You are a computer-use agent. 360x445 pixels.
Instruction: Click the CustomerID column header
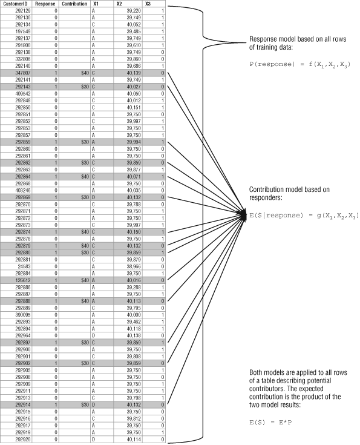pos(15,4)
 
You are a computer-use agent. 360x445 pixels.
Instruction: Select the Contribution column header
pos(74,4)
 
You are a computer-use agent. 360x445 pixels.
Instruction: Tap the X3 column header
pos(148,4)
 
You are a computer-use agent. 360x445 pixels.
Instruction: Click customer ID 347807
pos(23,73)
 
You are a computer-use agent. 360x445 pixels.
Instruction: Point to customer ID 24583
pos(24,266)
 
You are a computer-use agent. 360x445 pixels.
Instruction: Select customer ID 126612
pos(23,280)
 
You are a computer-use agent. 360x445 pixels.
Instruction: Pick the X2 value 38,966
pos(134,266)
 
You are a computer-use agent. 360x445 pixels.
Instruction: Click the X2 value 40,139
pos(134,73)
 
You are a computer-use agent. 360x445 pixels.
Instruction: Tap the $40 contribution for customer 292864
pos(85,177)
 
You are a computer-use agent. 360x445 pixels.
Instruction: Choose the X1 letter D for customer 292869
pos(93,197)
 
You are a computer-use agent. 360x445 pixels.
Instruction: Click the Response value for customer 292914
pos(56,404)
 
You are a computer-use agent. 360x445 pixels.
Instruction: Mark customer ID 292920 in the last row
pos(23,440)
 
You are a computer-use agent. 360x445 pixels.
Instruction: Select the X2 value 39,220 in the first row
pos(134,11)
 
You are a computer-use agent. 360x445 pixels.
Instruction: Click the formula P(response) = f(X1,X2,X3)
pos(300,65)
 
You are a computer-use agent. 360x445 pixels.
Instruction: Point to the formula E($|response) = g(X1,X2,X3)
pos(304,216)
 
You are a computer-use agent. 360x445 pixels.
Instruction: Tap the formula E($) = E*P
pos(270,423)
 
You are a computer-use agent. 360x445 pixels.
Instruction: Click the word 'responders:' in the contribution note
pos(266,198)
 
